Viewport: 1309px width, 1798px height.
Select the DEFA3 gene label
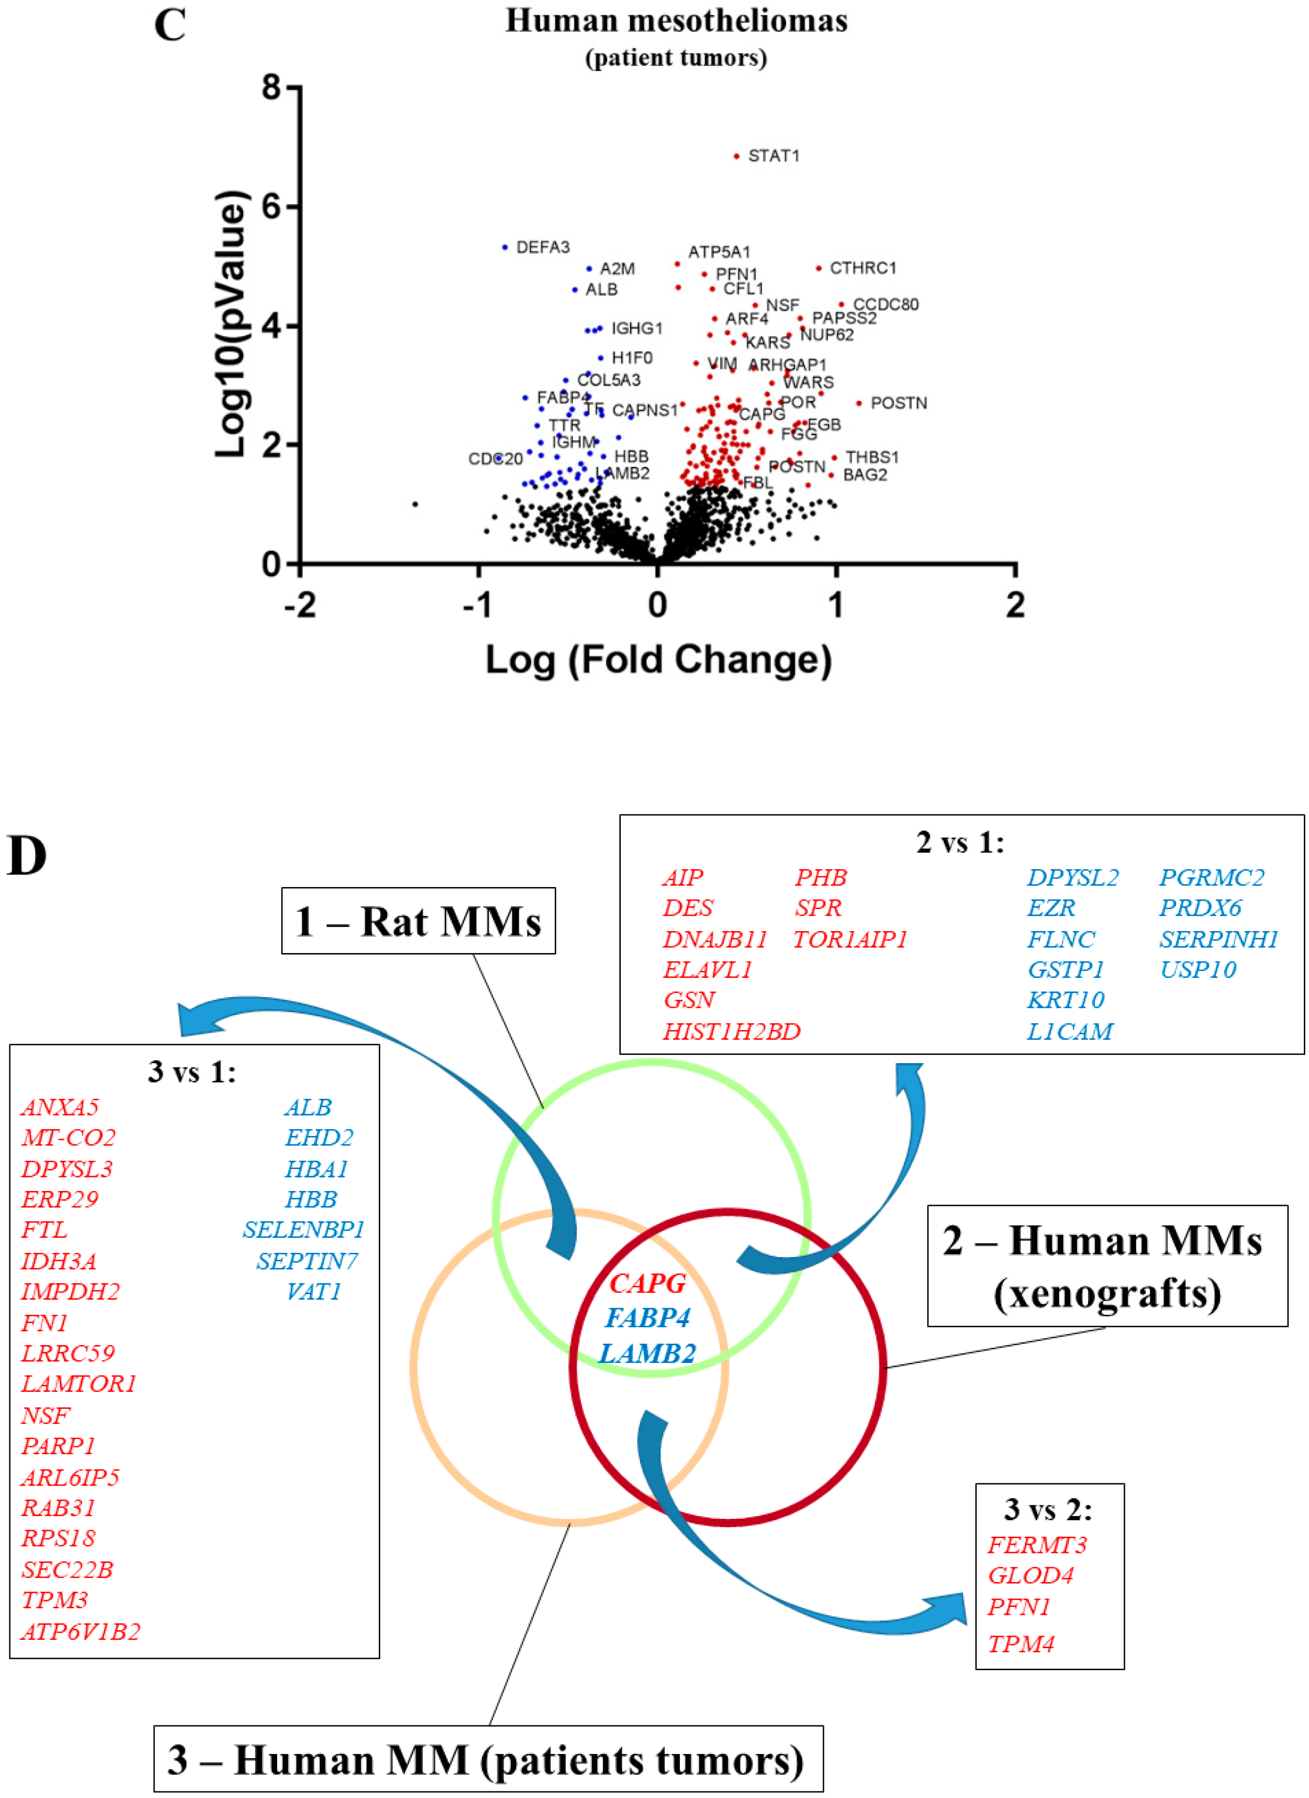(x=543, y=247)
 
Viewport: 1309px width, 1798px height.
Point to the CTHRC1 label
(x=863, y=268)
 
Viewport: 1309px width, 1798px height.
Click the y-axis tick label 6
(x=271, y=207)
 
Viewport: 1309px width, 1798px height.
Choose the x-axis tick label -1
(x=478, y=606)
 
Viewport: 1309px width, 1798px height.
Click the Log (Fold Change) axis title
(x=658, y=659)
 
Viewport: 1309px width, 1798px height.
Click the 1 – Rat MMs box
(x=419, y=921)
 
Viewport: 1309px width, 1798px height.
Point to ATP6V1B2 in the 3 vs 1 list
(x=81, y=1632)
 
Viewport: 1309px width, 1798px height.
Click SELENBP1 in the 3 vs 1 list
(x=303, y=1229)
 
